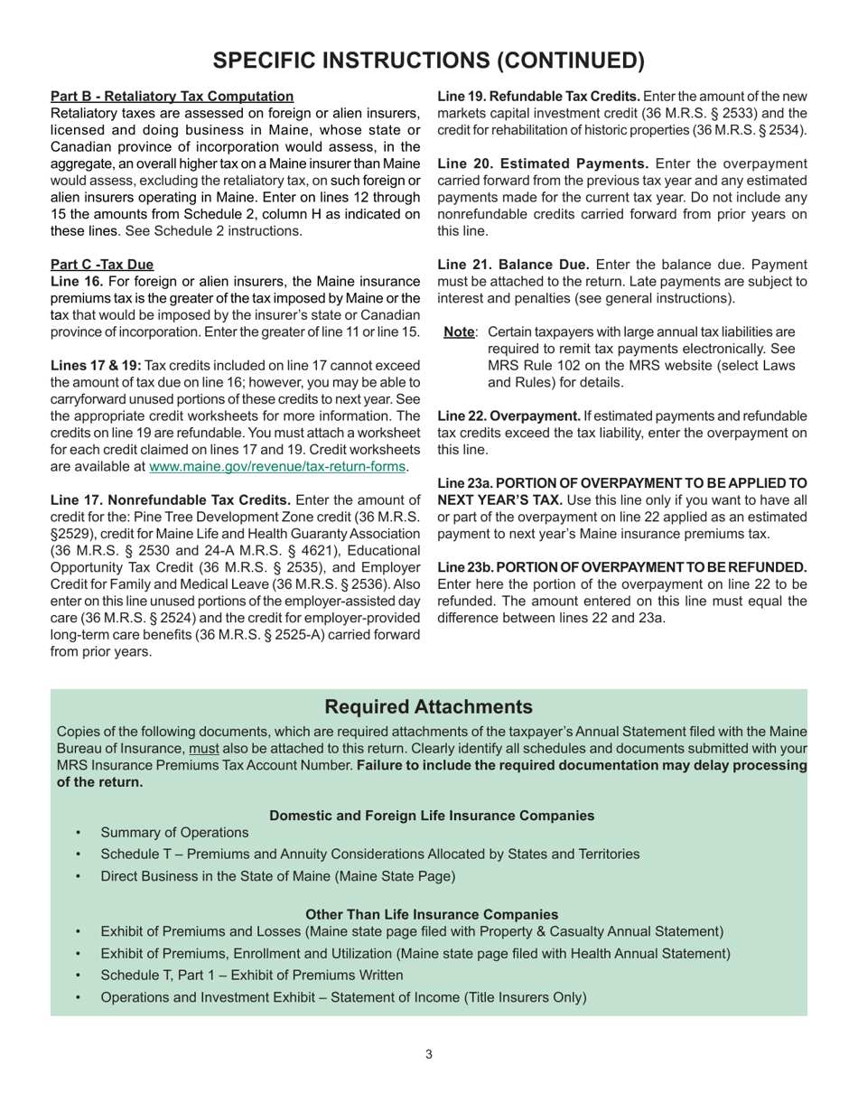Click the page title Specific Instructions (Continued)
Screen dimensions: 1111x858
[x=429, y=60]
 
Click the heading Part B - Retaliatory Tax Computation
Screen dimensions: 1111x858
[x=172, y=96]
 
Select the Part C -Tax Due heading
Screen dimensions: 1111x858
[x=102, y=265]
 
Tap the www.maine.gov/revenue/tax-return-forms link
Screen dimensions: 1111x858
[x=277, y=467]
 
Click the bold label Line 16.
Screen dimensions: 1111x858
[x=77, y=282]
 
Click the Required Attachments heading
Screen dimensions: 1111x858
[x=428, y=706]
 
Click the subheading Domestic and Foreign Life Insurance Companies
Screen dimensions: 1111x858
[x=432, y=815]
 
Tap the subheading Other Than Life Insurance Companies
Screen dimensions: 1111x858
[x=432, y=914]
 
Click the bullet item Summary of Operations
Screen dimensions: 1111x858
[x=174, y=832]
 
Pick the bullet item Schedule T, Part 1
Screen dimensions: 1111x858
[x=252, y=975]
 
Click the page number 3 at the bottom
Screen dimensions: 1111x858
[x=429, y=1053]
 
